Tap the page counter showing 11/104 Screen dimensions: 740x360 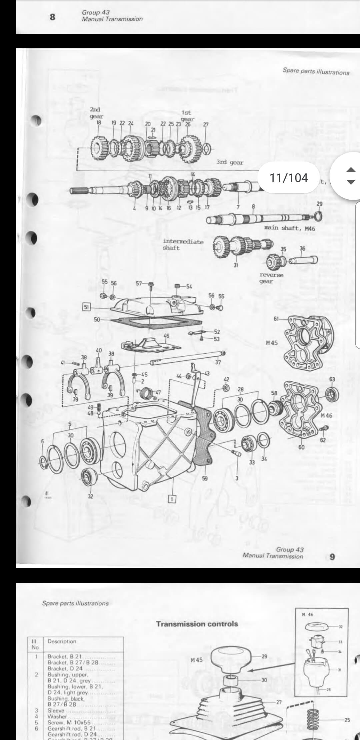tap(289, 178)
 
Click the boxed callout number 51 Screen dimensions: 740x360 tap(86, 307)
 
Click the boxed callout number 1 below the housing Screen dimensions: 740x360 tap(172, 499)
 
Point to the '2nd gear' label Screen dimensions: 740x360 tap(96, 113)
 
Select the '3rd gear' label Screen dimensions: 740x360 tap(230, 162)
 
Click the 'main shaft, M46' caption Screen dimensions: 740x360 tap(289, 228)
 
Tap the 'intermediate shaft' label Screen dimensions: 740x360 tap(183, 245)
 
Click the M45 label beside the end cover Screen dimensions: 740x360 tap(272, 342)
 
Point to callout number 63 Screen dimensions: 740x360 tap(332, 379)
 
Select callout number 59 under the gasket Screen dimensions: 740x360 tap(205, 479)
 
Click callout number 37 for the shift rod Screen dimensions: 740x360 tap(218, 362)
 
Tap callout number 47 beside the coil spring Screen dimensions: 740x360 tap(158, 393)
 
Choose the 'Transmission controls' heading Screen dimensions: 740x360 tap(197, 624)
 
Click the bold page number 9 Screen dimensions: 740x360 tap(332, 557)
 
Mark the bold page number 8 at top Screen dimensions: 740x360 tap(52, 17)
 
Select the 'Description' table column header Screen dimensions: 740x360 tap(62, 641)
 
